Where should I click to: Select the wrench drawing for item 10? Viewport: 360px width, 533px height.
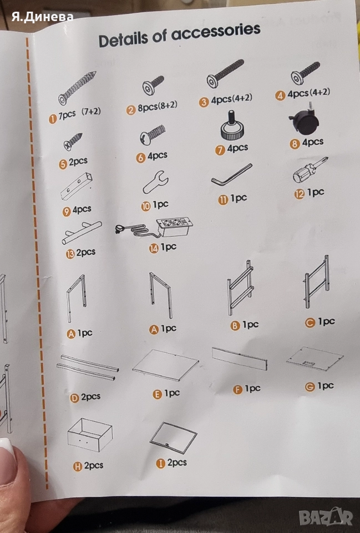click(155, 182)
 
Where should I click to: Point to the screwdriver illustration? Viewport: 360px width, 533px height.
click(310, 169)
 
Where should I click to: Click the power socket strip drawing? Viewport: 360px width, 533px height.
click(155, 228)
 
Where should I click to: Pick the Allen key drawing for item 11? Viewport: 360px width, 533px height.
click(232, 175)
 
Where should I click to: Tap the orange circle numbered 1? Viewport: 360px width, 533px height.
click(53, 119)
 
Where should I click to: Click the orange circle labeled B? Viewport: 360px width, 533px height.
click(235, 326)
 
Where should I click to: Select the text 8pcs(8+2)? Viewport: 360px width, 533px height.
click(157, 107)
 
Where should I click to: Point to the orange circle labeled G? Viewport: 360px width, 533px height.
click(310, 387)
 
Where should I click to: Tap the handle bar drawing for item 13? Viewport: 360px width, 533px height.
click(82, 233)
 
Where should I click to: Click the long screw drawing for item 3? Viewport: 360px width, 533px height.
click(225, 73)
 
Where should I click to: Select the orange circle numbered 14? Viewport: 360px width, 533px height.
click(154, 249)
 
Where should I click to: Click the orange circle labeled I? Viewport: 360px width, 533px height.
click(160, 464)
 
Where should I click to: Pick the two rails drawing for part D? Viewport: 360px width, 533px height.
click(87, 367)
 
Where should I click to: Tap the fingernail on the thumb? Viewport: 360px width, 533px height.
click(7, 446)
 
